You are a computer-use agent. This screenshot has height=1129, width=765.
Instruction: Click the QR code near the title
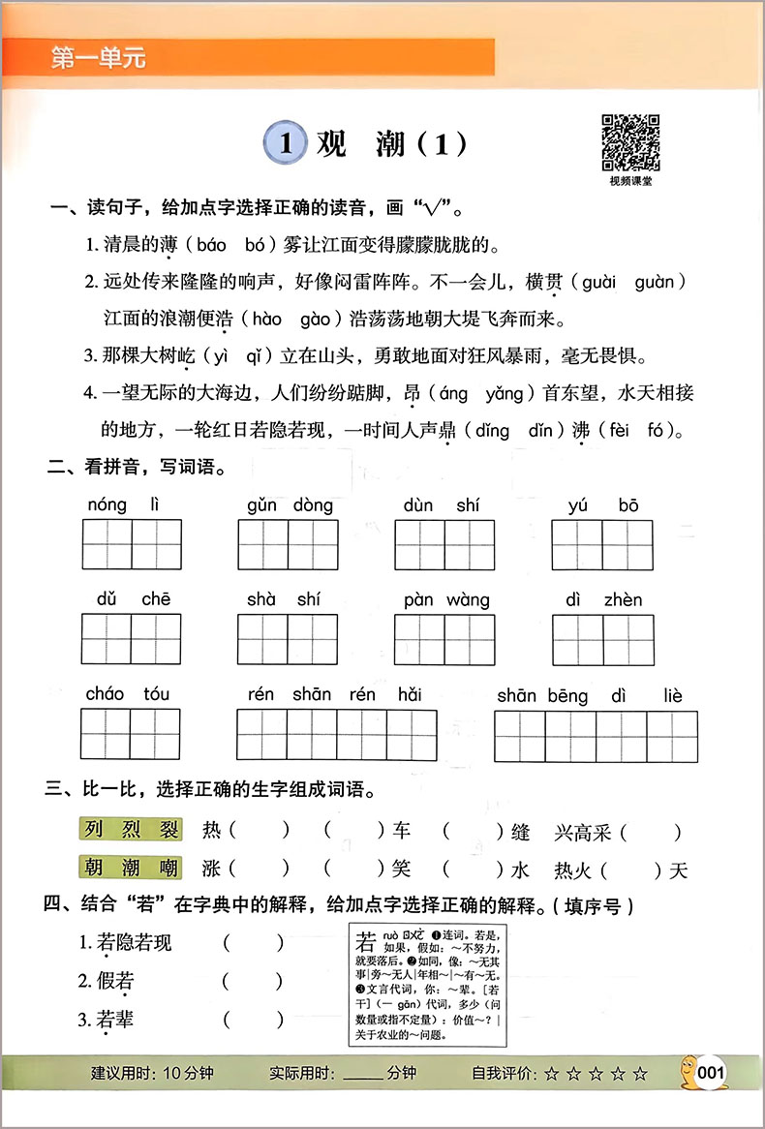coord(630,142)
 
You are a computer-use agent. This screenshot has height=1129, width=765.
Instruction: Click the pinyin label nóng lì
coord(120,504)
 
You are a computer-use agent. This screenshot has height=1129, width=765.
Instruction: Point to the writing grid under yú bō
coord(601,543)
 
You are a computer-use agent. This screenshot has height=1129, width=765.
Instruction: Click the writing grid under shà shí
coord(287,638)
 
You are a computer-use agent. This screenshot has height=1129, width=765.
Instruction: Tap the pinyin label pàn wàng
coord(446,600)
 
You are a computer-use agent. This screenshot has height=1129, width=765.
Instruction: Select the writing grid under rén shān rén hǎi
coord(336,735)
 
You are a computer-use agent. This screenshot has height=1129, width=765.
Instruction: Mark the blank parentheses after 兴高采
coord(650,832)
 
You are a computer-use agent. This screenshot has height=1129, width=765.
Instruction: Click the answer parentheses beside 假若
coord(253,981)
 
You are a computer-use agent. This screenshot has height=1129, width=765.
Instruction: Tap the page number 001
coord(711,1072)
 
